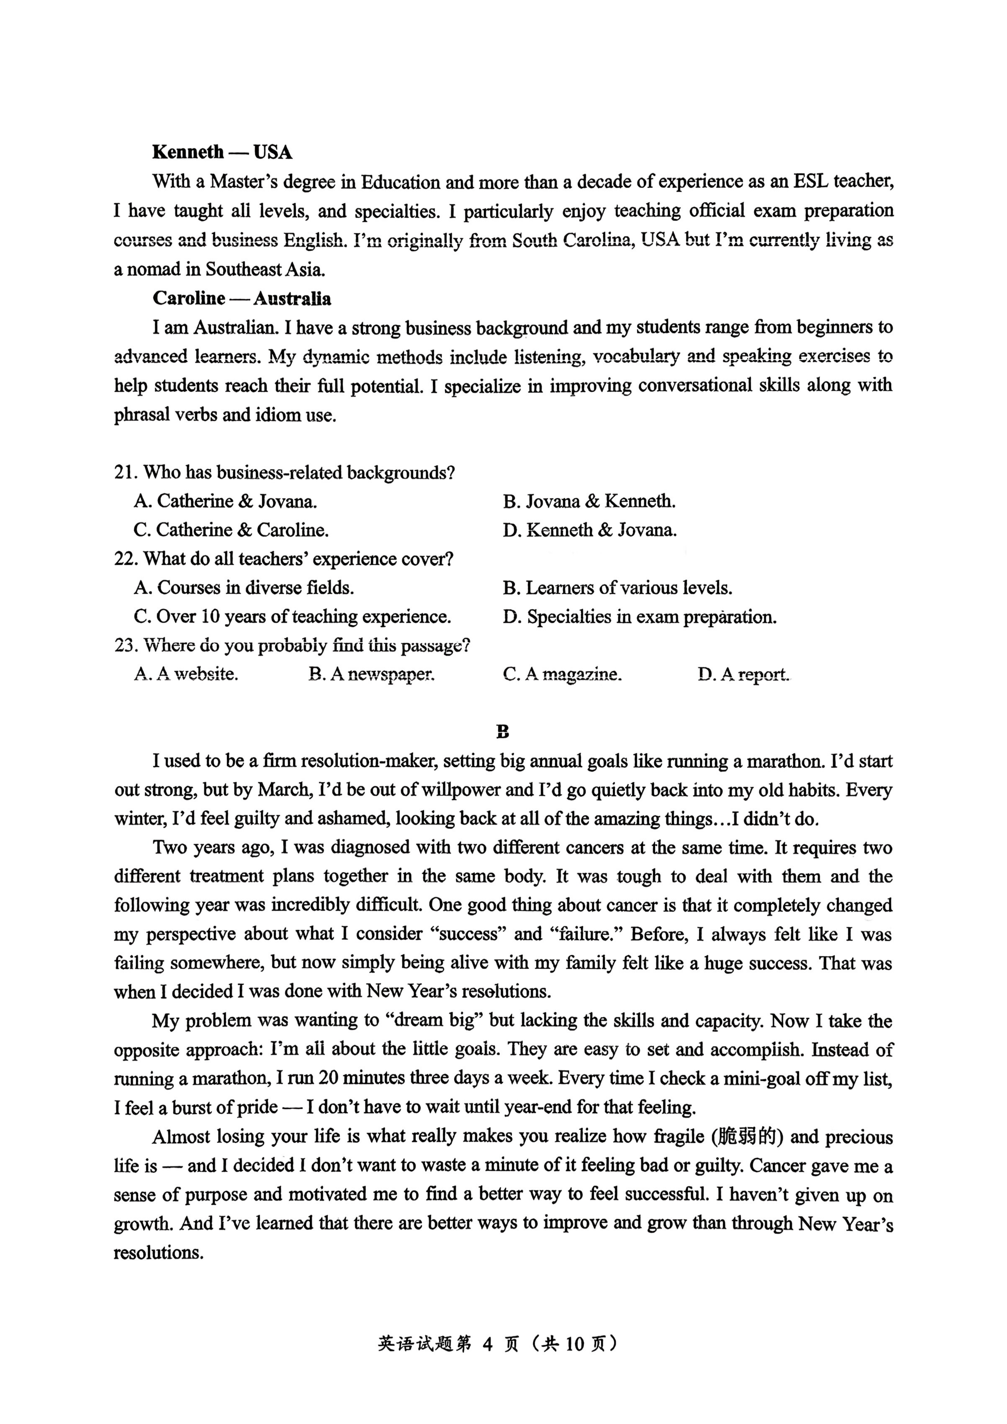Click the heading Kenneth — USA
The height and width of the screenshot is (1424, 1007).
[x=222, y=152]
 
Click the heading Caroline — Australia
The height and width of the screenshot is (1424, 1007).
[x=242, y=299]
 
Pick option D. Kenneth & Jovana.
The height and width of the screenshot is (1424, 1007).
[x=590, y=530]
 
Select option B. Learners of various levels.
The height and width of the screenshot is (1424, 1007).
[x=618, y=588]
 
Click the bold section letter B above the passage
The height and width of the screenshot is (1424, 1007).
[x=503, y=732]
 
